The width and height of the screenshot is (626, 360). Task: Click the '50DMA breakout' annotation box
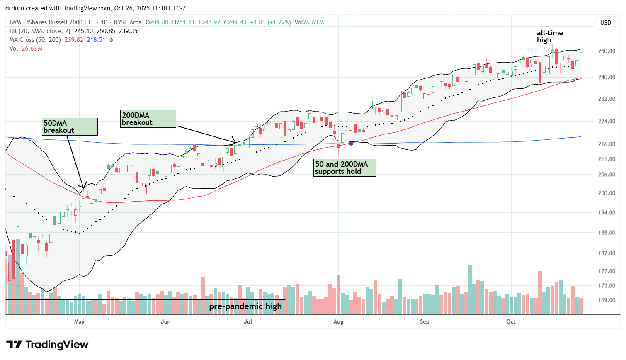(70, 126)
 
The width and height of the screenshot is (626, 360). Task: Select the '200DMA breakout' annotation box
(148, 119)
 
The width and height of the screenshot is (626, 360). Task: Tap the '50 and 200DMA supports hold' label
(345, 168)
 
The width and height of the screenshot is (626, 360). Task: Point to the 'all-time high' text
(550, 36)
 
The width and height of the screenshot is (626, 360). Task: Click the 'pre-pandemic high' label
(245, 306)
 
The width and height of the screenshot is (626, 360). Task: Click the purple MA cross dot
(351, 143)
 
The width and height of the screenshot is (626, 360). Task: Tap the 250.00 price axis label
(606, 51)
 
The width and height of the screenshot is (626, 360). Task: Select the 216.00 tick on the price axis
(606, 144)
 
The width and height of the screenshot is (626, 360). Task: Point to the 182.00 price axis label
(606, 253)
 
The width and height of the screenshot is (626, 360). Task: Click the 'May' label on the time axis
(79, 321)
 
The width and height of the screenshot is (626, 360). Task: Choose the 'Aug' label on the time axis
(338, 321)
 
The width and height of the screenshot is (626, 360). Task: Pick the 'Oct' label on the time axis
(511, 321)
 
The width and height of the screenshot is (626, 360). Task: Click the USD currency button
(606, 23)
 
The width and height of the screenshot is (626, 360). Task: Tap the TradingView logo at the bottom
(48, 345)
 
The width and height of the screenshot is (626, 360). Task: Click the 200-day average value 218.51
(96, 40)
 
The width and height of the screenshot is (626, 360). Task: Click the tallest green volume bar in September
(470, 290)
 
